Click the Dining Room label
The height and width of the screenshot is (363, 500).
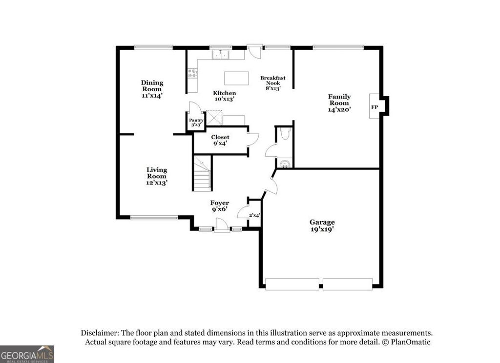(x=152, y=89)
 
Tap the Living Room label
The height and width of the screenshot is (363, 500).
(x=157, y=176)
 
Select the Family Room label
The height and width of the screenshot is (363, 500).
(x=339, y=103)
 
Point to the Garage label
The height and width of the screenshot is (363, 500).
(x=322, y=225)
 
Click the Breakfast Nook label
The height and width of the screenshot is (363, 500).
(x=272, y=83)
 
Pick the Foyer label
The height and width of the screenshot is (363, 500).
(x=220, y=206)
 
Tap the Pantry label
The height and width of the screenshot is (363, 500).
(x=196, y=122)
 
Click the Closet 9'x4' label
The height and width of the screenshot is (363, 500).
(x=221, y=141)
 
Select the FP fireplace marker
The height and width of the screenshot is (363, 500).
(x=375, y=107)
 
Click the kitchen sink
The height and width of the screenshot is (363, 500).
(x=221, y=55)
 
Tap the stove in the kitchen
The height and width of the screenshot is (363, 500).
(x=192, y=74)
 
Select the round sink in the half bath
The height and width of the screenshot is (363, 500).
(x=284, y=162)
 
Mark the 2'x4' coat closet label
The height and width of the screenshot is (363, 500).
(x=254, y=215)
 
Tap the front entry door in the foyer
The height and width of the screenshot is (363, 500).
(x=222, y=225)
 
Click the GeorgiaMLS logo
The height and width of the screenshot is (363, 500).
(x=27, y=354)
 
